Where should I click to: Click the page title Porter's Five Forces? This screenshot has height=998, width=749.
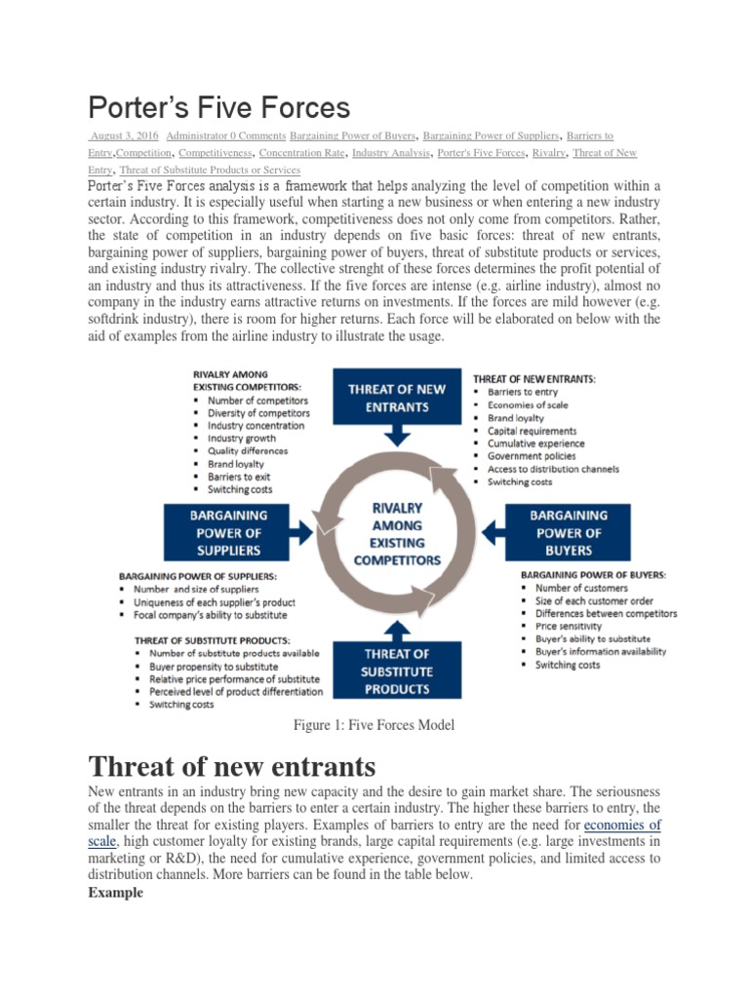(x=219, y=106)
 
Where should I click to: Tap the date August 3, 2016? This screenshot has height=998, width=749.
(x=124, y=135)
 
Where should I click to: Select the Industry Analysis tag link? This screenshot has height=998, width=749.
(x=391, y=153)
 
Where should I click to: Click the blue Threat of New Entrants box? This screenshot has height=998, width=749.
(x=397, y=397)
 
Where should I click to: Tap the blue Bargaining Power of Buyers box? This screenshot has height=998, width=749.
(x=568, y=532)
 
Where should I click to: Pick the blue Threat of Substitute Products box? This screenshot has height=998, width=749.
(x=397, y=671)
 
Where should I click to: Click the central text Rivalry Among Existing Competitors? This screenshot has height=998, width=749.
(x=397, y=534)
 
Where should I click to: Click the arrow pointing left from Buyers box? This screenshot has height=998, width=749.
(x=493, y=532)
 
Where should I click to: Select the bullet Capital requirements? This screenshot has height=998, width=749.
(x=532, y=431)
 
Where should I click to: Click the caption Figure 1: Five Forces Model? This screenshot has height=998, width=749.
(x=374, y=724)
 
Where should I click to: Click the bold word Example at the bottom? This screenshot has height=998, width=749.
(x=116, y=893)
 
